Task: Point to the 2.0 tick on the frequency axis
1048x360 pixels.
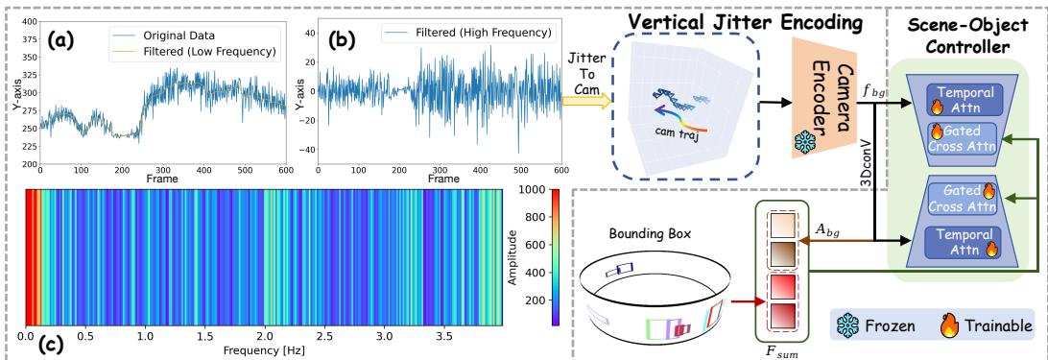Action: click(264, 338)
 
